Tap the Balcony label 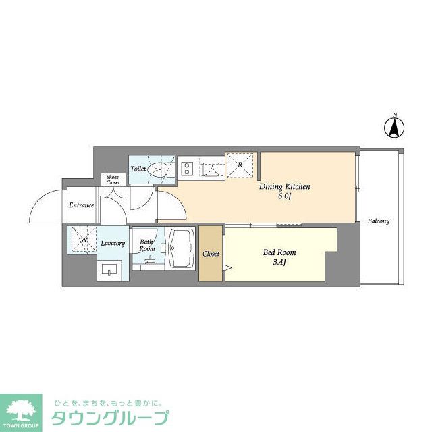click(x=379, y=221)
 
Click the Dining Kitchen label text click(x=285, y=186)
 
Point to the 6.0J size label click(x=284, y=196)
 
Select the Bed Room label click(x=279, y=252)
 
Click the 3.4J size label click(x=279, y=263)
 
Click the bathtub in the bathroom click(x=181, y=250)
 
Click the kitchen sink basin click(x=211, y=167)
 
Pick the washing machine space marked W click(x=82, y=240)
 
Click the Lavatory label click(x=113, y=243)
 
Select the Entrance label click(x=81, y=205)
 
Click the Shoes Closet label click(x=113, y=180)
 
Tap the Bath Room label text click(x=147, y=245)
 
